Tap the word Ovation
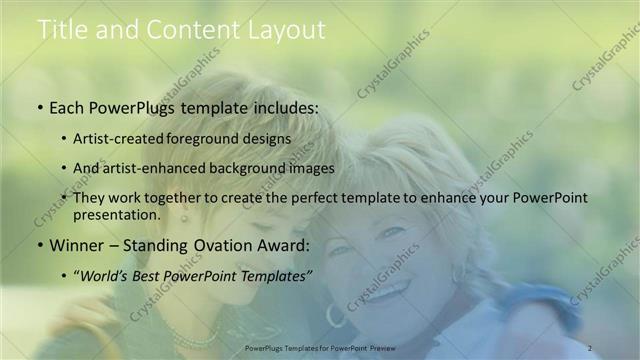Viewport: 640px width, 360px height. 219,244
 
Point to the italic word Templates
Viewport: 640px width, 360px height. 276,274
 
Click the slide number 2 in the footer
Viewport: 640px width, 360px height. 591,347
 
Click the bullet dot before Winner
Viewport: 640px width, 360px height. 40,245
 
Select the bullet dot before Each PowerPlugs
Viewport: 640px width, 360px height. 40,105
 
